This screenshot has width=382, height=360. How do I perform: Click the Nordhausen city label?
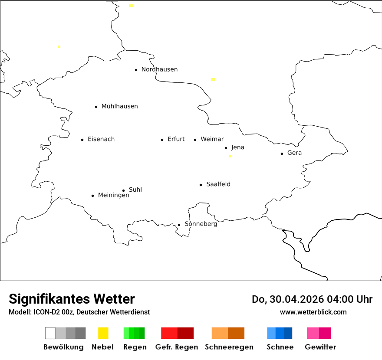[x=159, y=69]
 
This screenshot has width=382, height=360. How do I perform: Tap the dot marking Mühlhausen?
[x=96, y=107]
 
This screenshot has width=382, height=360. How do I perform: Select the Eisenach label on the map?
[x=101, y=139]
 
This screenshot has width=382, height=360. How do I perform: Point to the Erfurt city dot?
[x=162, y=140]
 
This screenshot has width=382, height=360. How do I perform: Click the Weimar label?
[x=212, y=139]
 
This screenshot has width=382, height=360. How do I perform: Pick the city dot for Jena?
[x=226, y=148]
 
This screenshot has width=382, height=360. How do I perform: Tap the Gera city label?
[x=294, y=153]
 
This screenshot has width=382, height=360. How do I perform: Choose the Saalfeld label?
[x=218, y=184]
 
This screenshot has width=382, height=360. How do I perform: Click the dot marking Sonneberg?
[x=179, y=225]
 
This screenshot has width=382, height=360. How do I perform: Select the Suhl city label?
[x=135, y=190]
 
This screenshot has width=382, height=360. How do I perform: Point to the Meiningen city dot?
[x=92, y=196]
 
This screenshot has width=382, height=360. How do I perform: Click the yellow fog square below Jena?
[x=230, y=156]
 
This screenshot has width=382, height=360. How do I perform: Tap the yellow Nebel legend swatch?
[x=103, y=333]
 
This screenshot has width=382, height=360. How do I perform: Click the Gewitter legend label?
[x=320, y=347]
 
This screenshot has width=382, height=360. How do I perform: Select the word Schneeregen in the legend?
[x=229, y=347]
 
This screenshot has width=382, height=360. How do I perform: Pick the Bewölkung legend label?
[x=63, y=347]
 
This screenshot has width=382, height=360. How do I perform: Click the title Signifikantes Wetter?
[x=72, y=299]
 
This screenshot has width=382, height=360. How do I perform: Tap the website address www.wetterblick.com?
[x=313, y=312]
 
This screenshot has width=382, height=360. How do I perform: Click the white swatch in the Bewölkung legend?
[x=50, y=333]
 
